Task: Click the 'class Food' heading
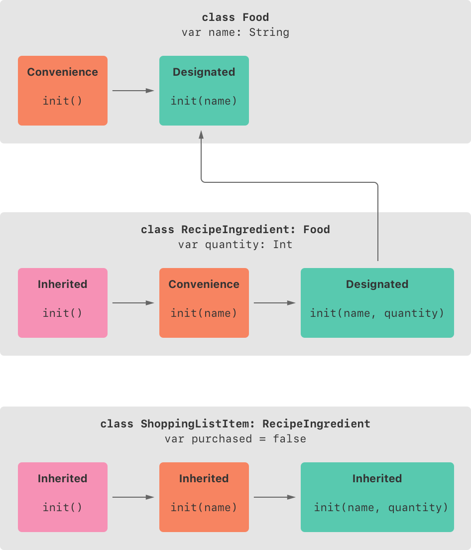[x=235, y=17]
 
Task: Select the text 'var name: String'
[x=235, y=32]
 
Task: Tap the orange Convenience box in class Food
[x=63, y=91]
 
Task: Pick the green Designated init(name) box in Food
[x=204, y=91]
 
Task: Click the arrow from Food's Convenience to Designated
[x=133, y=91]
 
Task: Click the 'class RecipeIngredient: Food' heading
[x=235, y=230]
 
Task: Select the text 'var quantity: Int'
[x=235, y=245]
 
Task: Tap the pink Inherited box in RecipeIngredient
[x=63, y=303]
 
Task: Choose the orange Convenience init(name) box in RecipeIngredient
[x=204, y=303]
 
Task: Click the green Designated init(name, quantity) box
[x=377, y=303]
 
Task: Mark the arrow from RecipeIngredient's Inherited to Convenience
[x=133, y=303]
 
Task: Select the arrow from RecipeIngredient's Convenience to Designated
[x=274, y=303]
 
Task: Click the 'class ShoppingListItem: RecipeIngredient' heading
[x=235, y=424]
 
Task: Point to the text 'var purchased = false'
[x=235, y=439]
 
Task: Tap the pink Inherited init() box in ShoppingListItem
[x=63, y=497]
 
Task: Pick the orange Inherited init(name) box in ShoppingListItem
[x=204, y=497]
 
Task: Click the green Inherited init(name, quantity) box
[x=377, y=497]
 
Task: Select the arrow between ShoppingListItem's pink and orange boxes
[x=133, y=497]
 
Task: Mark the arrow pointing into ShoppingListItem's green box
[x=274, y=497]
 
